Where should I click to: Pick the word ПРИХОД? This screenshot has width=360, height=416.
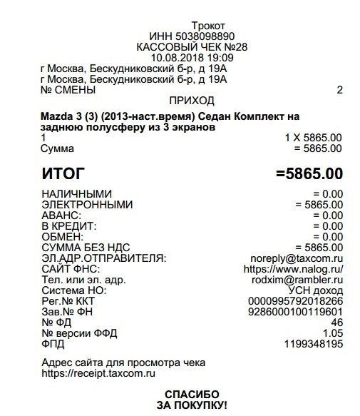click(192, 101)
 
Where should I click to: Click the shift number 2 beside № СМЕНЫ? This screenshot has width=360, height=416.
click(339, 90)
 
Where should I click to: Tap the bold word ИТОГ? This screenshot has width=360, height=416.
click(63, 173)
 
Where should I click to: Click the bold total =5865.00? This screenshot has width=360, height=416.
click(308, 173)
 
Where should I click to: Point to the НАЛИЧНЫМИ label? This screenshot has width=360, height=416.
click(76, 194)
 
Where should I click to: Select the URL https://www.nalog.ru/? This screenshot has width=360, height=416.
click(293, 269)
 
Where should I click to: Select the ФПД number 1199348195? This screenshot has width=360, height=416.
click(311, 344)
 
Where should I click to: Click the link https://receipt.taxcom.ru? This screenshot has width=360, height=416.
click(98, 372)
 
